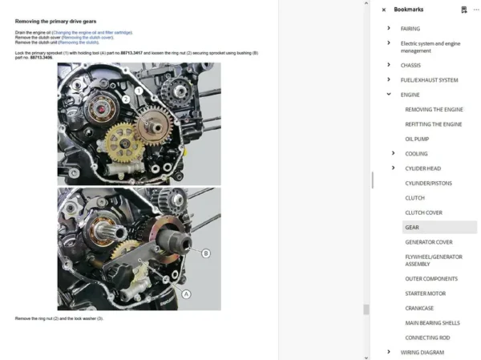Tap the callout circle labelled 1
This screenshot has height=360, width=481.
[139, 92]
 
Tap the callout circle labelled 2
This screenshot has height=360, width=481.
[126, 99]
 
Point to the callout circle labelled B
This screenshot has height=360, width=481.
[206, 253]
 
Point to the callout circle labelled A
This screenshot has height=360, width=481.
[187, 294]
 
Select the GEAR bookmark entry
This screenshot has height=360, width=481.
[412, 227]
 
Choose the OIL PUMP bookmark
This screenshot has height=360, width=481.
[417, 139]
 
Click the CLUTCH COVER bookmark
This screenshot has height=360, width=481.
[423, 212]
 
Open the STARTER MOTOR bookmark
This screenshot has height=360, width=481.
[426, 293]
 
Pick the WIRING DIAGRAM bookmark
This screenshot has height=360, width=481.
[422, 352]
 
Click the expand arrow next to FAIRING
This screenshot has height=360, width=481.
[389, 28]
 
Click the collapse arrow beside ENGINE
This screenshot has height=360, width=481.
[389, 95]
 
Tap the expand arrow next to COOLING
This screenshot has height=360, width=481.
[393, 153]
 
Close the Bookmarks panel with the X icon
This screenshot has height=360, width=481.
[383, 10]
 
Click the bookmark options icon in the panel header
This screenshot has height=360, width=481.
[463, 10]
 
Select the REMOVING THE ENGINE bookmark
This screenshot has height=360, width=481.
[434, 109]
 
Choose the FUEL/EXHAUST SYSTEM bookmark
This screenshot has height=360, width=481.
[429, 80]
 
